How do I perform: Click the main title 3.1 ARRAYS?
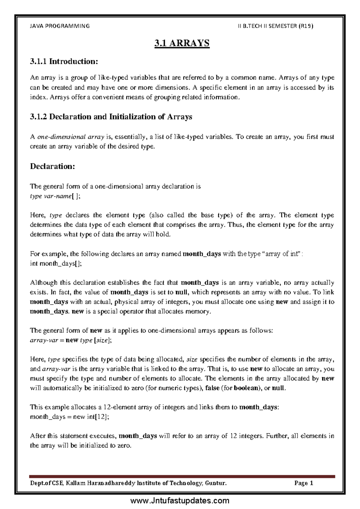[x=182, y=43]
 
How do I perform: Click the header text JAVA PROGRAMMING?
[x=60, y=26]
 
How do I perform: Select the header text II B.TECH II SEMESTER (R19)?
[x=275, y=26]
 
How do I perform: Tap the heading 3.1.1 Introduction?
[x=64, y=62]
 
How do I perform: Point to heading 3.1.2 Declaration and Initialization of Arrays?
[x=111, y=117]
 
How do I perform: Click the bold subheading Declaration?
[x=52, y=166]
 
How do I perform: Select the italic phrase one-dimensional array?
[x=70, y=137]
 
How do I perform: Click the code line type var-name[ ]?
[x=55, y=196]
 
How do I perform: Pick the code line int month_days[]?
[x=56, y=264]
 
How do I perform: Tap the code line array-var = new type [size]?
[x=71, y=340]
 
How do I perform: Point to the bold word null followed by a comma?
[x=181, y=292]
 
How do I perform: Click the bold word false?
[x=212, y=388]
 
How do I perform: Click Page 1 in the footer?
[x=304, y=483]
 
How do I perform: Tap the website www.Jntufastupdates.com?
[x=180, y=501]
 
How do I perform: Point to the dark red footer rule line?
[x=182, y=476]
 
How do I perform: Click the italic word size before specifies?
[x=192, y=359]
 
